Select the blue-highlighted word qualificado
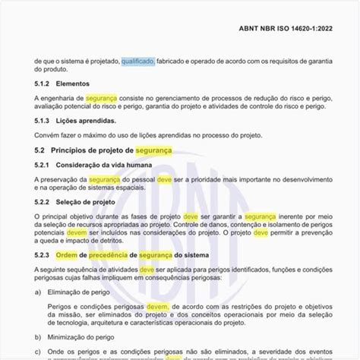click(x=137, y=62)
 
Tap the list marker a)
click(x=38, y=291)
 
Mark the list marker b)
click(x=38, y=336)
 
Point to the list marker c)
click(x=38, y=351)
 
